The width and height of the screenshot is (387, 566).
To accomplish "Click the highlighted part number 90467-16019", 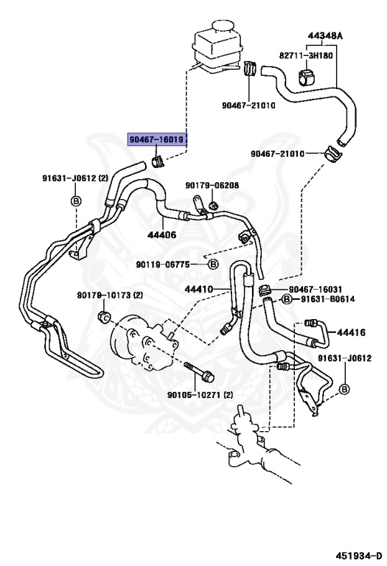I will (x=157, y=139).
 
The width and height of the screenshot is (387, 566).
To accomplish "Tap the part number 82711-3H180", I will (x=306, y=55).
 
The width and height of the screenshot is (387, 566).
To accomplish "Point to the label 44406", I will (x=161, y=235).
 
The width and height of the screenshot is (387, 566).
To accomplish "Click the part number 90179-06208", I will (x=212, y=186).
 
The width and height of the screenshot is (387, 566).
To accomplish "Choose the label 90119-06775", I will (x=170, y=264).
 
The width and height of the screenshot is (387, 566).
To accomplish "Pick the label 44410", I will (x=199, y=289).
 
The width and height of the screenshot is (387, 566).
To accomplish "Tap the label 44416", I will (x=351, y=332).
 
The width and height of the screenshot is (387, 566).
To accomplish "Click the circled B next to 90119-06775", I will (x=213, y=264).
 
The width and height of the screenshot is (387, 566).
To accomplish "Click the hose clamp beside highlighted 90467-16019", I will (x=156, y=160).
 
